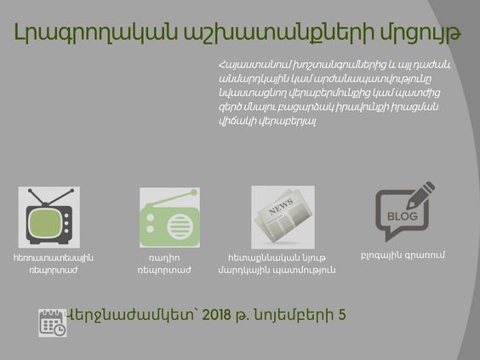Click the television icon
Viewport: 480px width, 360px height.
[x=49, y=217]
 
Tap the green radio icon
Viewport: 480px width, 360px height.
[x=170, y=217]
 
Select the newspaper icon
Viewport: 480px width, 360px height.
[x=283, y=217]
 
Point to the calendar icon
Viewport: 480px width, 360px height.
[x=53, y=323]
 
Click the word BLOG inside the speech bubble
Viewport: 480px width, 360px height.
[x=403, y=216]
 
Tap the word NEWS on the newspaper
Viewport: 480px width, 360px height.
[x=281, y=207]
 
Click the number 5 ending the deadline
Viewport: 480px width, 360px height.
[x=342, y=315]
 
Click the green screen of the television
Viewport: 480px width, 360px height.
[x=45, y=221]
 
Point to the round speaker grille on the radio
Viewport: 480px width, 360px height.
[x=180, y=227]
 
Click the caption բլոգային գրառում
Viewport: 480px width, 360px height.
[x=403, y=255]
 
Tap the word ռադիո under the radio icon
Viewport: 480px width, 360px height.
[x=164, y=258]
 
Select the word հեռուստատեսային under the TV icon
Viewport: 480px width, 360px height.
[x=54, y=258]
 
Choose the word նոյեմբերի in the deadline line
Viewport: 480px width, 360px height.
[x=294, y=315]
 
